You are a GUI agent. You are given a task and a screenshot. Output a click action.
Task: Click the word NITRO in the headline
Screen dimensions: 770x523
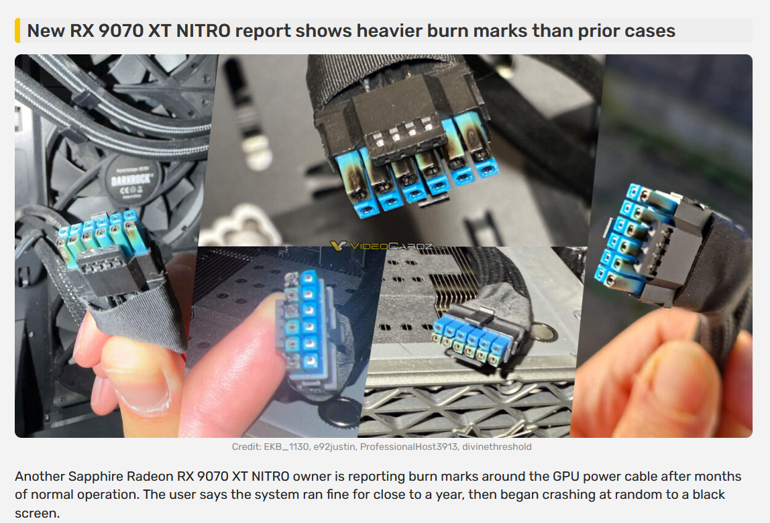203,30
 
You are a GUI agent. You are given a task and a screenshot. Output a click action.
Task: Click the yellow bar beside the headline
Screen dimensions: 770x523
17,30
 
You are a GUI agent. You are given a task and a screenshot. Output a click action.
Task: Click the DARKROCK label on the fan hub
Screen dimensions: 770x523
131,179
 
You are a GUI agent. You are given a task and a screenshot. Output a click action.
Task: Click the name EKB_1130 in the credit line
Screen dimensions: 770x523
286,447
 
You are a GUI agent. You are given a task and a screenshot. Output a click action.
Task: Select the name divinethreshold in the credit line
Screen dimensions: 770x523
496,447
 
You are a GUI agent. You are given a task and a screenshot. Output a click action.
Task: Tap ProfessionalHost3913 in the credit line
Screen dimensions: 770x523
408,447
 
